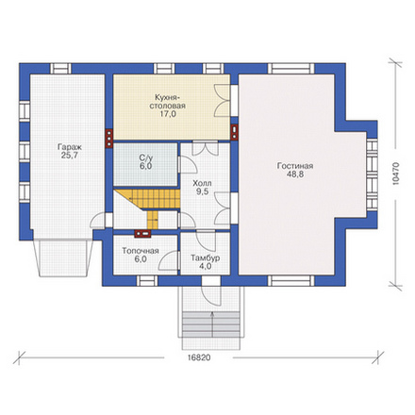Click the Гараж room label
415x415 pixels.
(70, 147)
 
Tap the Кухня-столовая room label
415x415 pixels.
(167, 101)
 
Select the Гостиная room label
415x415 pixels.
(295, 166)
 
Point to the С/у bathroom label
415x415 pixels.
(145, 158)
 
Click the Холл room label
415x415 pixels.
(202, 183)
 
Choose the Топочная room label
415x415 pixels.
(141, 251)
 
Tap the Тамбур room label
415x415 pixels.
(206, 258)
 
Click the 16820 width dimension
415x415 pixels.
(199, 357)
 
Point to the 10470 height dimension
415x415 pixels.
(396, 174)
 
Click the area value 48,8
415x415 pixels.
(295, 174)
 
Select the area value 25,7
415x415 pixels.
(70, 156)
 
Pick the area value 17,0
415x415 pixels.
(168, 114)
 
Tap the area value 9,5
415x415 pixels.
(203, 191)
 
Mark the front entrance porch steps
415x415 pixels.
(211, 324)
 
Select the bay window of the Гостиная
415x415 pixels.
(372, 174)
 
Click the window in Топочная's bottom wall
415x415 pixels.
(147, 281)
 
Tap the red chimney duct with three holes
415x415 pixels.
(108, 138)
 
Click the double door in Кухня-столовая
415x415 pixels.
(223, 100)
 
